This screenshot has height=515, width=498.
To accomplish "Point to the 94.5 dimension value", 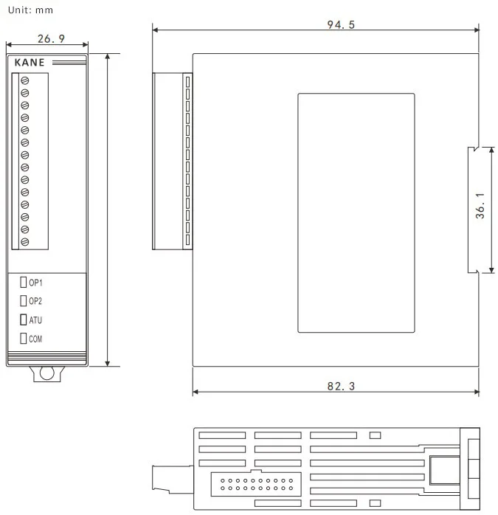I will pos(341,24).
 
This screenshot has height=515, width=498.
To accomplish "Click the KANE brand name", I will pos(30,63).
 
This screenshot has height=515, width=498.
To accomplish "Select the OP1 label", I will pos(35,283).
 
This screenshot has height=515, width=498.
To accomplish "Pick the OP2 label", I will pos(35,301).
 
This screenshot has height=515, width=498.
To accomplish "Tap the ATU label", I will pos(35,320).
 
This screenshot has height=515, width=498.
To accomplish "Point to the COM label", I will pos(35,339).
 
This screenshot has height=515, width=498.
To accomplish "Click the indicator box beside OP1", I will pos(24,283).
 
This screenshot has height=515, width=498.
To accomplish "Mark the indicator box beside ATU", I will pos(24,320).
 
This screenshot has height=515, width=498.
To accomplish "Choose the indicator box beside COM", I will pos(24,339).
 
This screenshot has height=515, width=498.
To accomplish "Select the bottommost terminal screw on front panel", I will pos(24,241).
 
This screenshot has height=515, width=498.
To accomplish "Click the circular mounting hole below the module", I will pos(46,373).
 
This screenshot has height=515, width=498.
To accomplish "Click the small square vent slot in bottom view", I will pos(374,435).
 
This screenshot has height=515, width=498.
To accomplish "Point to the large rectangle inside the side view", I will pos(356,212).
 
